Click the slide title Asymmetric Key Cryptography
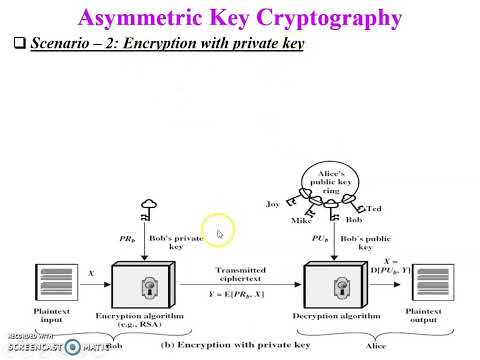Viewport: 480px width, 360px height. pos(241,17)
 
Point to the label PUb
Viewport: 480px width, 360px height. pos(318,238)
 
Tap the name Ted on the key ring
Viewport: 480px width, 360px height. pos(375,208)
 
